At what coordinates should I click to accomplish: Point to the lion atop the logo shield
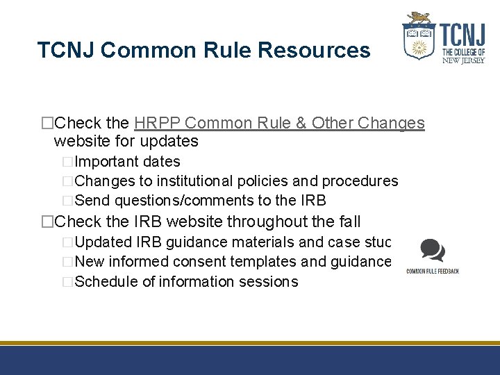(419, 18)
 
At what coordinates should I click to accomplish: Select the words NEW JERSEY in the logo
(463, 60)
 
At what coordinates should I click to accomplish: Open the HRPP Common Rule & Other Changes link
(279, 123)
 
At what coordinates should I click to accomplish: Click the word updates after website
(170, 142)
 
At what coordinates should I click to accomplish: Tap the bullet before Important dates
(67, 162)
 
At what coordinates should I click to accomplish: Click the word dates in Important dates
(161, 162)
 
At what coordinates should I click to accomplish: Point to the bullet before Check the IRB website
(47, 222)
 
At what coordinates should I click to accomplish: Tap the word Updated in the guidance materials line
(103, 242)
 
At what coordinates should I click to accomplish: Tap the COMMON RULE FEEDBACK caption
(433, 271)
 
